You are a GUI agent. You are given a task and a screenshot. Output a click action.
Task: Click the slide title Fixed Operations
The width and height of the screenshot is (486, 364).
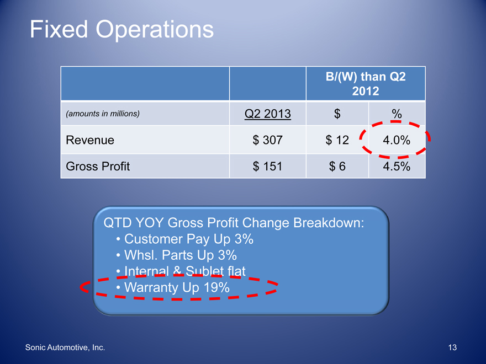121,30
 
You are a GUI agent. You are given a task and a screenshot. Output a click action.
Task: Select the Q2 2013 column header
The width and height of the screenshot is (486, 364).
268,114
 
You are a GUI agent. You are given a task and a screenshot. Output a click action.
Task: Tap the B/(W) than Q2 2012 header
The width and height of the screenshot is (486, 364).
366,84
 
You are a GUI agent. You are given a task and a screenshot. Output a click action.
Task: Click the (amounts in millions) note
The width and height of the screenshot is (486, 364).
103,114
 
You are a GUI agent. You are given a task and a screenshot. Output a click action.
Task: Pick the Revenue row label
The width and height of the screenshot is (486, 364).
90,140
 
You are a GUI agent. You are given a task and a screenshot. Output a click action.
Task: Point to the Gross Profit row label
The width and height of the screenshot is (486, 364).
98,166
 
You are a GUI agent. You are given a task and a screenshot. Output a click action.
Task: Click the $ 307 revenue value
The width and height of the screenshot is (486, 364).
267,140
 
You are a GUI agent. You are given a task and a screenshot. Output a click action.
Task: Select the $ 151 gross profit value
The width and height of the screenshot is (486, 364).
267,167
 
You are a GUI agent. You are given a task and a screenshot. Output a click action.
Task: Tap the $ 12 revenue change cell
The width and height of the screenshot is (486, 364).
337,140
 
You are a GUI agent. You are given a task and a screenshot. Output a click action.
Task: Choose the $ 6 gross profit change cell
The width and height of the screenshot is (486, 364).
337,167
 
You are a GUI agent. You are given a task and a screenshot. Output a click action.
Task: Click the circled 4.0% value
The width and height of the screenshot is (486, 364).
397,140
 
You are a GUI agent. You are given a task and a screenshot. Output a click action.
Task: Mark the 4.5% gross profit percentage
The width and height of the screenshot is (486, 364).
397,167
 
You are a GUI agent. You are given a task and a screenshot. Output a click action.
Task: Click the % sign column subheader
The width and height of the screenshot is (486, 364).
397,114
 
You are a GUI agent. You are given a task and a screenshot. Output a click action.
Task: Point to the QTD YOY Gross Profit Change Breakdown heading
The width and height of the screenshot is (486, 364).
234,223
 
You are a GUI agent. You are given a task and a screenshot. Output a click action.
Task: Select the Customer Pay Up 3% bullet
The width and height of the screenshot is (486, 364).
184,239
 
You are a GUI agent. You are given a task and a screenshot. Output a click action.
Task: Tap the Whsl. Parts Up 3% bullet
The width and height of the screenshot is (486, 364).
176,255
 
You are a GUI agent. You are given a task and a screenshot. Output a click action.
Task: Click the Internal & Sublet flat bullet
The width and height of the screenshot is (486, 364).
181,271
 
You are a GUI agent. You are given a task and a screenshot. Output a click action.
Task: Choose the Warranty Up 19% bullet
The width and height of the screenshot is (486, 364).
173,287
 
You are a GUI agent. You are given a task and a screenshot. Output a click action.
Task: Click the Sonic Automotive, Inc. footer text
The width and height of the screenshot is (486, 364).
65,347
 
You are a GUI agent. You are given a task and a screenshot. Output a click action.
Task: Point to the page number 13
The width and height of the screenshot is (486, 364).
452,347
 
